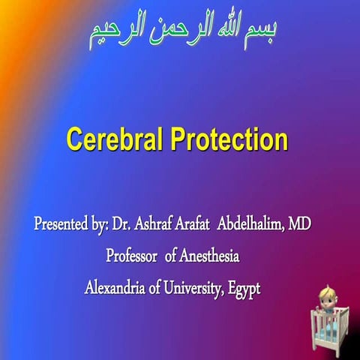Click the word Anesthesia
tap(210, 256)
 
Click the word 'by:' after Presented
tap(98, 224)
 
